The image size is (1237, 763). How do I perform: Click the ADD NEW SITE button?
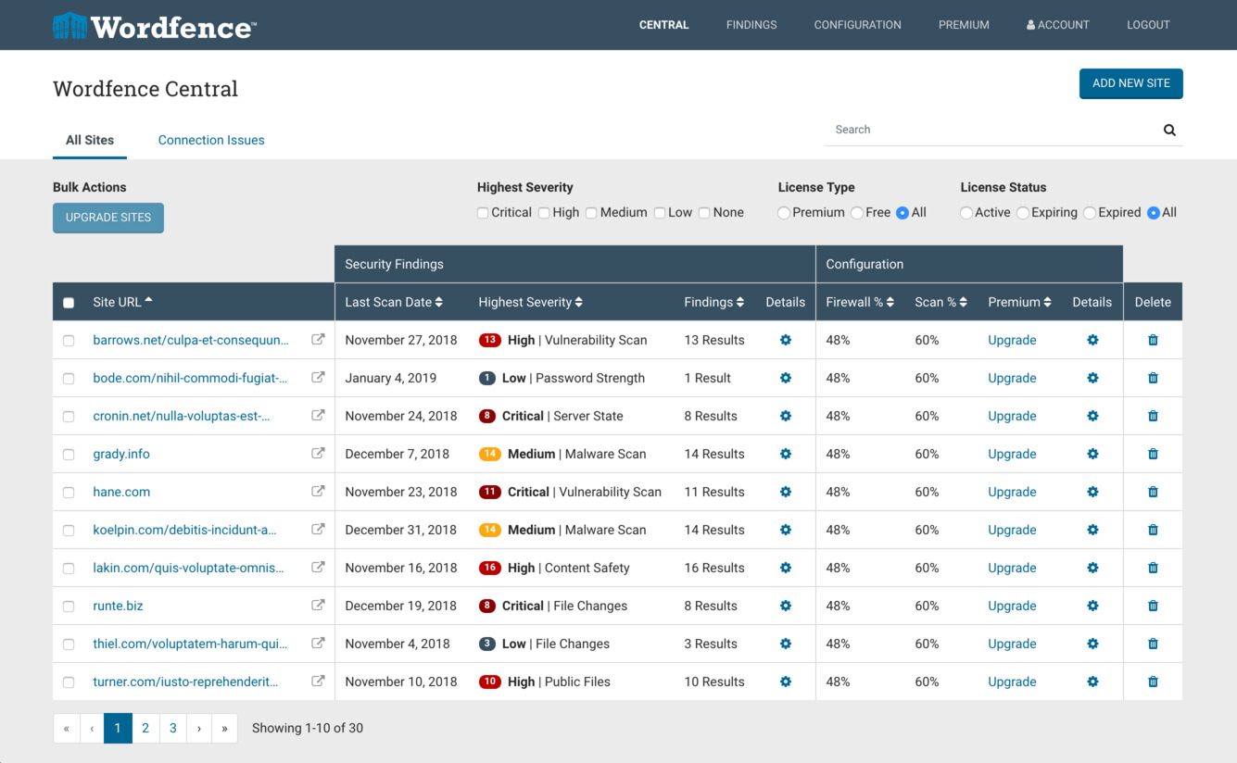(x=1130, y=83)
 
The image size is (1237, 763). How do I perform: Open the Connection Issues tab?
(x=211, y=140)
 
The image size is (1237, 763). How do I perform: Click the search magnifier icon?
(x=1169, y=131)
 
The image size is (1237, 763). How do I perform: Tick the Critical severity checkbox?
(x=483, y=213)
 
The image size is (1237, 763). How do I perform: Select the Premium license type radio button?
(x=784, y=213)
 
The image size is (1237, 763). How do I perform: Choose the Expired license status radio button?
(x=1090, y=213)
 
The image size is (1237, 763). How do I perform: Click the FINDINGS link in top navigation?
(x=751, y=25)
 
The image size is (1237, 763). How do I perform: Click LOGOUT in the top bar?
(x=1148, y=25)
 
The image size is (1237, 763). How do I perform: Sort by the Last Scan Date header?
(x=394, y=302)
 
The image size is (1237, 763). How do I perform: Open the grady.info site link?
(x=121, y=454)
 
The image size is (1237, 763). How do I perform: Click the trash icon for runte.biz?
(x=1153, y=606)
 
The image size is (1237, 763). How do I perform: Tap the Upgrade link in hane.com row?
(x=1012, y=492)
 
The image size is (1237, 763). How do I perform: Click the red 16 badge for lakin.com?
(x=490, y=568)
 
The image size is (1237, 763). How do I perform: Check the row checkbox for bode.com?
(x=69, y=379)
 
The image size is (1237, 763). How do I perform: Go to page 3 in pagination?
(x=173, y=728)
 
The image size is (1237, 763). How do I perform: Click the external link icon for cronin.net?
(x=318, y=416)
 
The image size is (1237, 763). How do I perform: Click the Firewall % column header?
(x=859, y=302)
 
